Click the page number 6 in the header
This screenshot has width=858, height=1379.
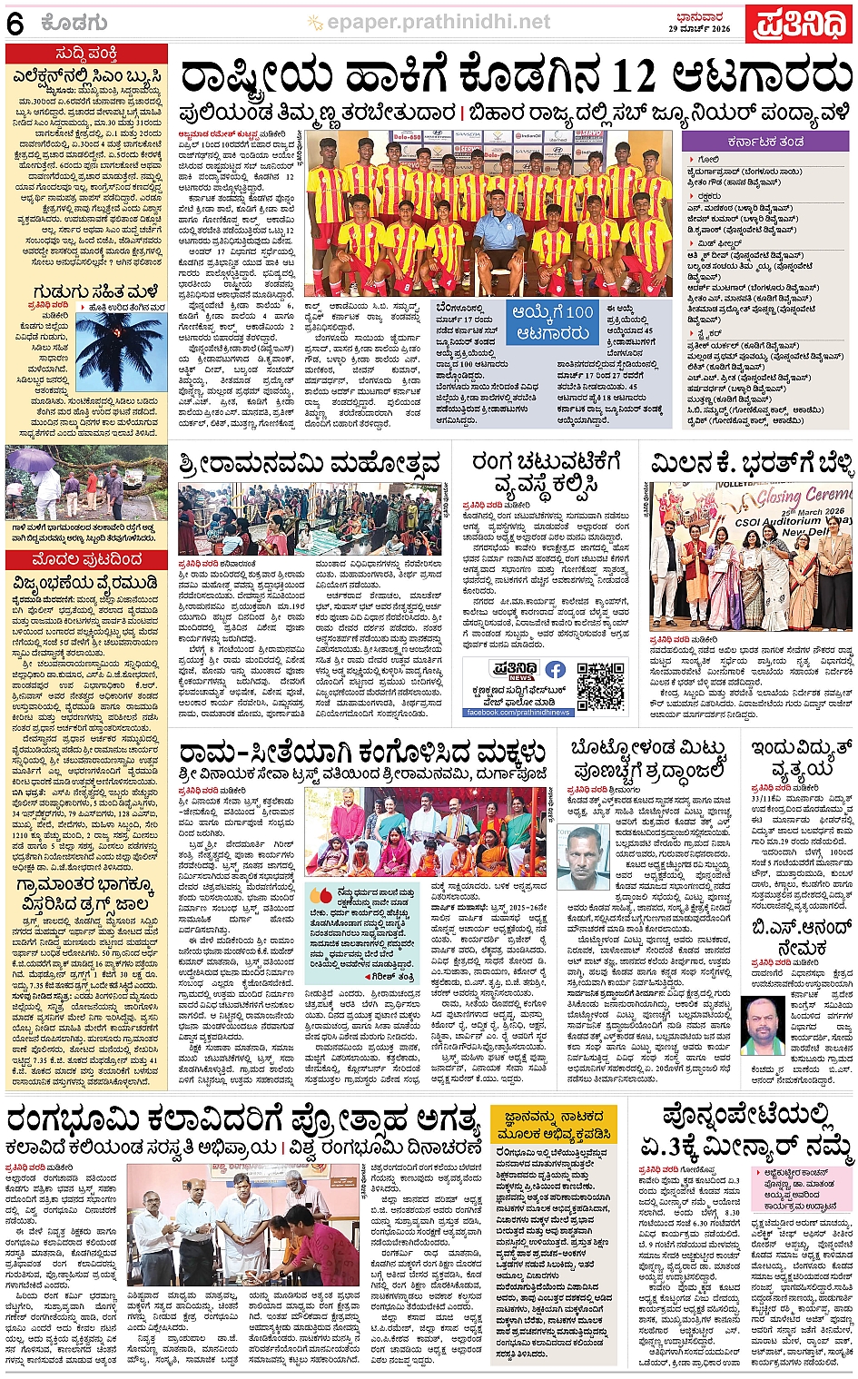point(15,25)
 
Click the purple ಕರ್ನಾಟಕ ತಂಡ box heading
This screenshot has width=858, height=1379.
point(764,143)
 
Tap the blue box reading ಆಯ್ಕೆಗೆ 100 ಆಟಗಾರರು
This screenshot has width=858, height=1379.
point(553,322)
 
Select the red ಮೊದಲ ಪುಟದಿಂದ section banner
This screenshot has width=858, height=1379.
point(86,559)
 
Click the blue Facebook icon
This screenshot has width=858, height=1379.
point(555,670)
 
